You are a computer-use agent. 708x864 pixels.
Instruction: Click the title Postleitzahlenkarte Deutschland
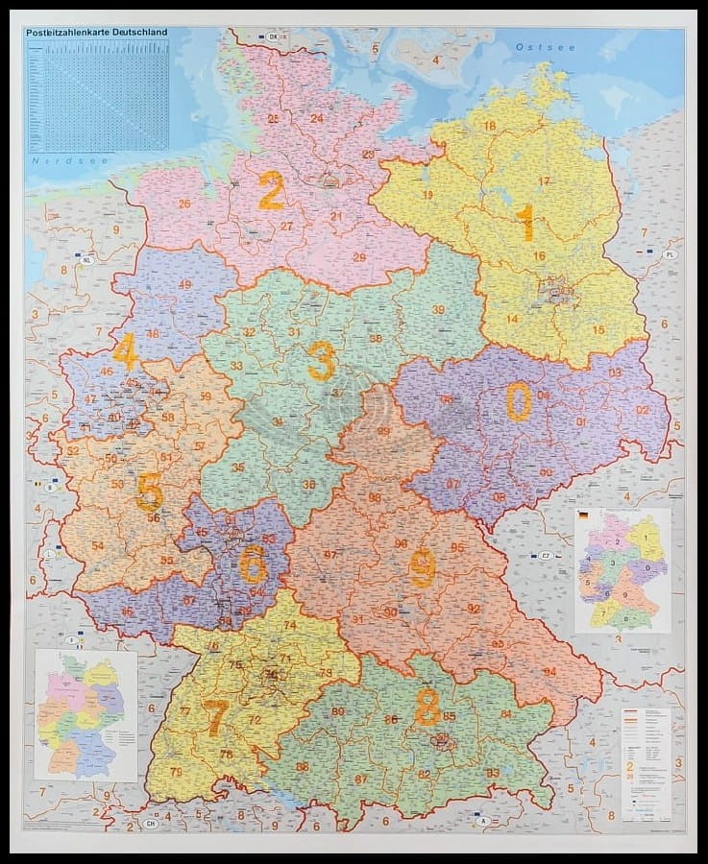pyautogui.click(x=96, y=32)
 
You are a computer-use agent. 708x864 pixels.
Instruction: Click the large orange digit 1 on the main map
pyautogui.click(x=525, y=223)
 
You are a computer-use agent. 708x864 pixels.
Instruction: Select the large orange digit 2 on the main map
pyautogui.click(x=271, y=190)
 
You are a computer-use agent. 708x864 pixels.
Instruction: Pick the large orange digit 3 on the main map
pyautogui.click(x=321, y=361)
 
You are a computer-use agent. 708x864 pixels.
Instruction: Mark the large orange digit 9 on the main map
pyautogui.click(x=422, y=567)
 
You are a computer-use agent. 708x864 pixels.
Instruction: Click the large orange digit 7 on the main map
pyautogui.click(x=216, y=718)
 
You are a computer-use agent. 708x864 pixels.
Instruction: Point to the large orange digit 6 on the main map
pyautogui.click(x=253, y=564)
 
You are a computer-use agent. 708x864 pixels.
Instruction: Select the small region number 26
pyautogui.click(x=184, y=204)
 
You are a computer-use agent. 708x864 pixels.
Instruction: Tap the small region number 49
pyautogui.click(x=184, y=285)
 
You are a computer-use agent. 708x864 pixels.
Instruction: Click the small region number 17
pyautogui.click(x=544, y=181)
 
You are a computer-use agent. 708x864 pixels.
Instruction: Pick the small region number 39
pyautogui.click(x=438, y=309)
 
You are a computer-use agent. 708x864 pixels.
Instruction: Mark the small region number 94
pyautogui.click(x=549, y=671)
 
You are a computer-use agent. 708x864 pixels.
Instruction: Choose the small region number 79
pyautogui.click(x=176, y=772)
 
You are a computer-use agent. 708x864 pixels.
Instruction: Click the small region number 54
pyautogui.click(x=97, y=545)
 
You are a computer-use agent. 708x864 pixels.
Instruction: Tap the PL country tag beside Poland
pyautogui.click(x=671, y=254)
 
